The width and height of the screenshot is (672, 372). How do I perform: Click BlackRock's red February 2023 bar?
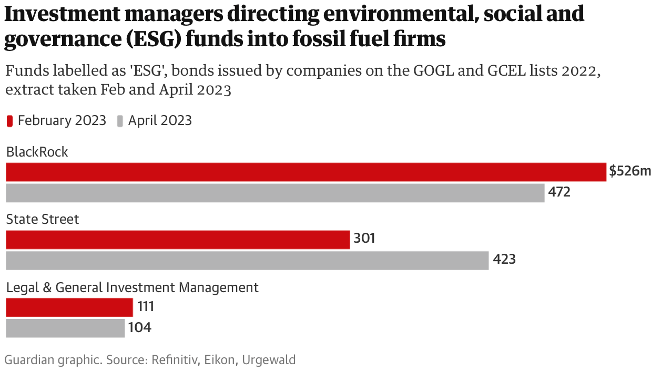pos(306,172)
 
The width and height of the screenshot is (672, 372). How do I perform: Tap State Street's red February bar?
pos(178,240)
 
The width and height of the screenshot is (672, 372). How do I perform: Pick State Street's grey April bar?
pos(247,260)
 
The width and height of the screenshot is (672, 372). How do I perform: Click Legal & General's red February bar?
pos(69,307)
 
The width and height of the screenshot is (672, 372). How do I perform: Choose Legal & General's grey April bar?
pos(65,328)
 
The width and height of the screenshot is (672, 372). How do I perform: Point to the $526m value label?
pos(630,171)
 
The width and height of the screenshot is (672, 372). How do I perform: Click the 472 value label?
pos(559,192)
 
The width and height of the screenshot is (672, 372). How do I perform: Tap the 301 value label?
pos(364,239)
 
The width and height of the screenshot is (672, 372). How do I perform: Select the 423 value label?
pos(504,260)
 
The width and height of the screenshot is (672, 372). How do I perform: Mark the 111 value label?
pos(145,307)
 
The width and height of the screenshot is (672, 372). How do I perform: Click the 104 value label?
pos(139,328)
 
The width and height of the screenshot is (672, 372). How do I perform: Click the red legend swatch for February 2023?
pos(9,121)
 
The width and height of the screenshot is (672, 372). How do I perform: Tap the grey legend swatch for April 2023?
pos(120,121)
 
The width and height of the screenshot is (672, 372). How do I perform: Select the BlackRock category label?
pos(37,152)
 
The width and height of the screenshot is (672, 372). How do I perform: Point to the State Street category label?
pos(43,219)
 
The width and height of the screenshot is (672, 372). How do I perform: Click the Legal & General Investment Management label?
pos(133,287)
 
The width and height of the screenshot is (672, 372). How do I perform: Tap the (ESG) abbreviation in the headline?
pos(155,39)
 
